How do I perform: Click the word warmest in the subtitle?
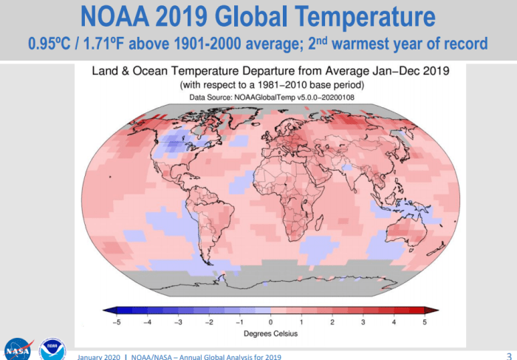373,44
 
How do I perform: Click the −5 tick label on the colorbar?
114,322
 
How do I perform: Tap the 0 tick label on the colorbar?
270,322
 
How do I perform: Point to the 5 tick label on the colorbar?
425,322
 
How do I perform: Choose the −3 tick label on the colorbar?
177,322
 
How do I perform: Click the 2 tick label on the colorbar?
332,322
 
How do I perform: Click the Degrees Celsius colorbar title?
270,334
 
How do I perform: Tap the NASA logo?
18,349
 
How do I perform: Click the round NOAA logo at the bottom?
52,350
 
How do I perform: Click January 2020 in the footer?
100,356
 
